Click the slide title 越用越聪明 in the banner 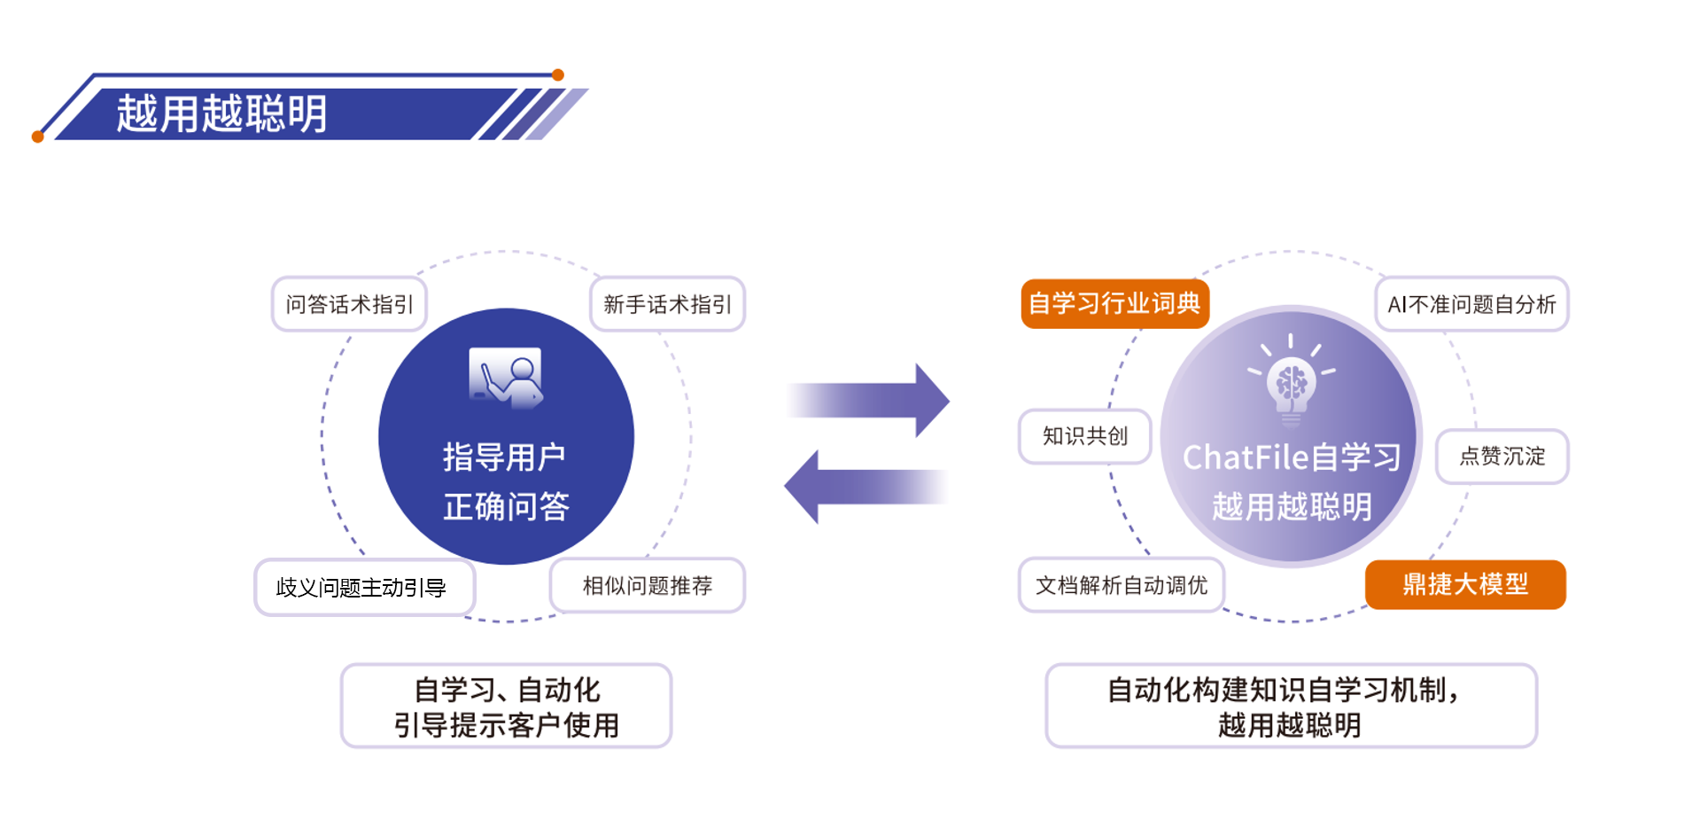(221, 113)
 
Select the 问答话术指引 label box (349, 304)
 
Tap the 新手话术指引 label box (667, 304)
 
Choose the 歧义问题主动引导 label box (364, 587)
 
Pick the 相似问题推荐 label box (647, 585)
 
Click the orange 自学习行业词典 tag (1114, 304)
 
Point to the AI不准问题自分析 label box (1471, 304)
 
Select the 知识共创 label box (1084, 435)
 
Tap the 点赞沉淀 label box (1502, 457)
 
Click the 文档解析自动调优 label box (1121, 585)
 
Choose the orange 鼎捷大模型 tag (1465, 584)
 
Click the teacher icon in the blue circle (506, 377)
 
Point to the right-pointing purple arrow (869, 400)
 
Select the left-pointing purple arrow (866, 487)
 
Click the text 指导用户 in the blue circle (504, 457)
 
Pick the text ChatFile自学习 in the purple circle (1291, 457)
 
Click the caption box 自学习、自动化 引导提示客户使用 (506, 706)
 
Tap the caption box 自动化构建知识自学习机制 (1291, 706)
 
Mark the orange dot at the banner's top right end (558, 75)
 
